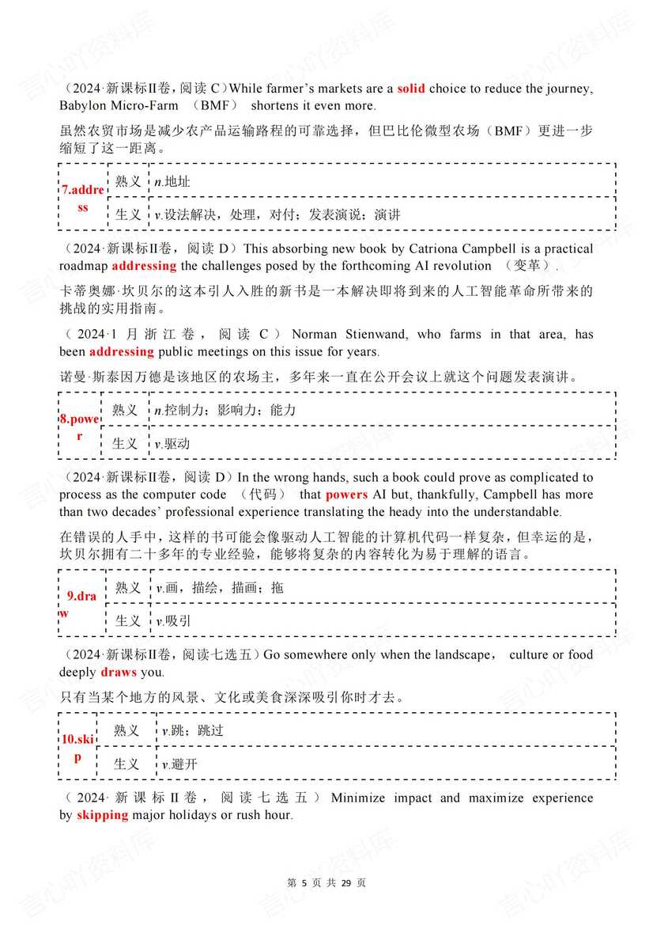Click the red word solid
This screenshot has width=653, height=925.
(x=410, y=89)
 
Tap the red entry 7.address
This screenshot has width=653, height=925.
(x=82, y=198)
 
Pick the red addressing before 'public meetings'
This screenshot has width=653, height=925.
(x=121, y=351)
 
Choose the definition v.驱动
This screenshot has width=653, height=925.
(x=172, y=444)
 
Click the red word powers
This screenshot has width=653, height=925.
(x=346, y=495)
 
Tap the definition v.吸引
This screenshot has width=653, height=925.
(x=172, y=621)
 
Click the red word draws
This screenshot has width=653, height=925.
(x=119, y=673)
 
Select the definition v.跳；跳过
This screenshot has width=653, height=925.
(x=192, y=730)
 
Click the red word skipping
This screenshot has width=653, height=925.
(x=102, y=815)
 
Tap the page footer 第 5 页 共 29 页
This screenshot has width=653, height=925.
(x=326, y=882)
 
